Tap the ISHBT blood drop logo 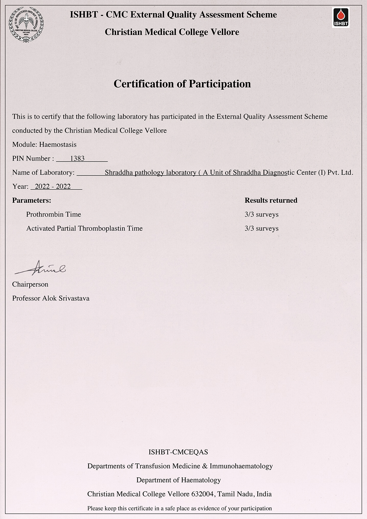coord(341,17)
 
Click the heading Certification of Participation coord(182,84)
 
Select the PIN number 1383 coord(77,159)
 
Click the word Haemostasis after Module coord(58,145)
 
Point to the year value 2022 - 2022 coord(53,186)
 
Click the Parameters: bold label coord(32,200)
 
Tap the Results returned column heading coord(271,200)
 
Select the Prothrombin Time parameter coord(54,214)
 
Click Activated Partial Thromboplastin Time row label coord(84,228)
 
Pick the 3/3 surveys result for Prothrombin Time coord(261,214)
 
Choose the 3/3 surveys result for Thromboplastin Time coord(261,228)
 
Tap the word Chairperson coord(30,284)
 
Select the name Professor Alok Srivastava coord(51,298)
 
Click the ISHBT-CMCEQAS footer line coord(178,452)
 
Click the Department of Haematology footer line coord(178,480)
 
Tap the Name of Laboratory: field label coord(43,173)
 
